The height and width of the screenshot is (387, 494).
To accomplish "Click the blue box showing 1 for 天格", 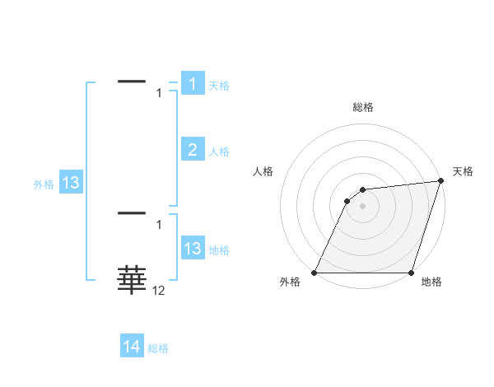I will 193,84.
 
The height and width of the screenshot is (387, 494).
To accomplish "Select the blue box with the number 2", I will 193,149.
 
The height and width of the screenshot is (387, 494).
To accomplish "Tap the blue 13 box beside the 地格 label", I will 193,249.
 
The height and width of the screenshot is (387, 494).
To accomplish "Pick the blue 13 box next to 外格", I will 71,183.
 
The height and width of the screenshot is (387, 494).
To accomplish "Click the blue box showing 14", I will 132,347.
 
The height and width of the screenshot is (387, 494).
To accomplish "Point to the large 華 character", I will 132,280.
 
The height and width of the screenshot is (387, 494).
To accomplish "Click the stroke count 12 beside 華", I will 159,291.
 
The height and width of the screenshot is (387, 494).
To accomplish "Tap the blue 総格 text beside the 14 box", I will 158,348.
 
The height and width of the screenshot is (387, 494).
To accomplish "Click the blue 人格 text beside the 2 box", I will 219,152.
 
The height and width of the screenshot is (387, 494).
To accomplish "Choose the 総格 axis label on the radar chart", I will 362,107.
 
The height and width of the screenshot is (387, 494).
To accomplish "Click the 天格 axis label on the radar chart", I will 463,171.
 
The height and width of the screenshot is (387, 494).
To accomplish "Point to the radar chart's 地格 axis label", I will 431,282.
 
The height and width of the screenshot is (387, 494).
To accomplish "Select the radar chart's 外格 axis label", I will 290,282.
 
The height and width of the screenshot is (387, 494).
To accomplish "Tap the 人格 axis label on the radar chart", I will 263,171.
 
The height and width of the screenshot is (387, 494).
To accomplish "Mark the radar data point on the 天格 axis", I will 440,181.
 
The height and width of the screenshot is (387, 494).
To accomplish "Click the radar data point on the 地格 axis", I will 411,273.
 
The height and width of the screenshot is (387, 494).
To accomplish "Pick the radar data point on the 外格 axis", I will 315,273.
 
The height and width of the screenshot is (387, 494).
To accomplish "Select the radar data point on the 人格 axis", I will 347,201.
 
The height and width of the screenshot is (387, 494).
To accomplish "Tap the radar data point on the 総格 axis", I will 362,190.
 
